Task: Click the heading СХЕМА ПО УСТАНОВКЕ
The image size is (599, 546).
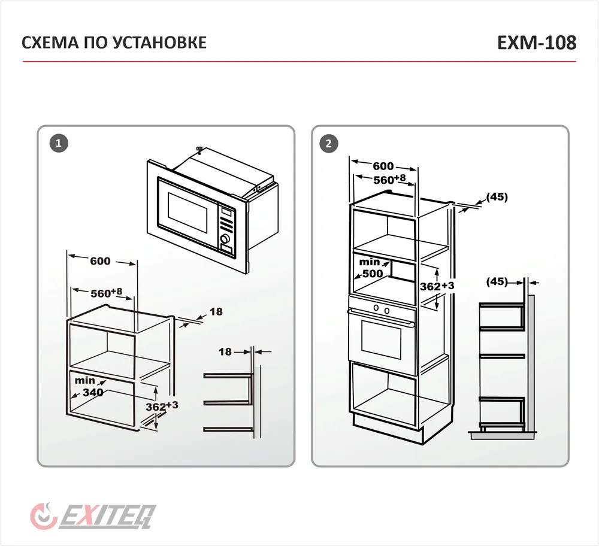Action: (114, 43)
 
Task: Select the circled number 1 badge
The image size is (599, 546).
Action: (58, 144)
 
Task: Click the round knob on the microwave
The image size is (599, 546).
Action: (225, 239)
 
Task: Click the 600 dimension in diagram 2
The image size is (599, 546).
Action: (383, 166)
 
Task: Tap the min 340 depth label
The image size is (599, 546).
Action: (87, 387)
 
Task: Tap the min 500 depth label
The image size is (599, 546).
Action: (370, 268)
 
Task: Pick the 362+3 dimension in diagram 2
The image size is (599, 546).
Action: (437, 286)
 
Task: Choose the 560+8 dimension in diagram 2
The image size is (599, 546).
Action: (389, 179)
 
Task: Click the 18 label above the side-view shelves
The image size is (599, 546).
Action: (225, 352)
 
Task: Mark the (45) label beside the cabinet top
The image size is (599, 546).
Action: (497, 196)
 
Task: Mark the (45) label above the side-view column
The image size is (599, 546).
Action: (497, 281)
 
